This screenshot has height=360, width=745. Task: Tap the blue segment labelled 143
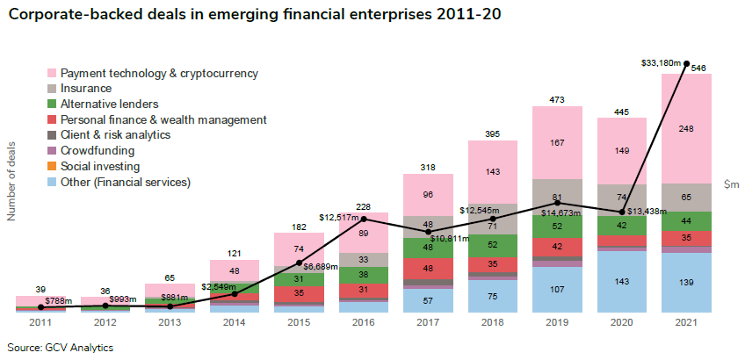tap(622, 282)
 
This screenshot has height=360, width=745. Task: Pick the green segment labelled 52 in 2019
tap(558, 227)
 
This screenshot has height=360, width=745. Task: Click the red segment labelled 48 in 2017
tap(428, 269)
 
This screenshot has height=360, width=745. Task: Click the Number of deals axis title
tap(12, 181)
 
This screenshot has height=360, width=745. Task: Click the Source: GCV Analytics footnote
tap(60, 347)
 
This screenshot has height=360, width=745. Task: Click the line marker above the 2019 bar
tap(558, 203)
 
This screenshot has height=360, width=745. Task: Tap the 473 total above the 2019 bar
tap(558, 97)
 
